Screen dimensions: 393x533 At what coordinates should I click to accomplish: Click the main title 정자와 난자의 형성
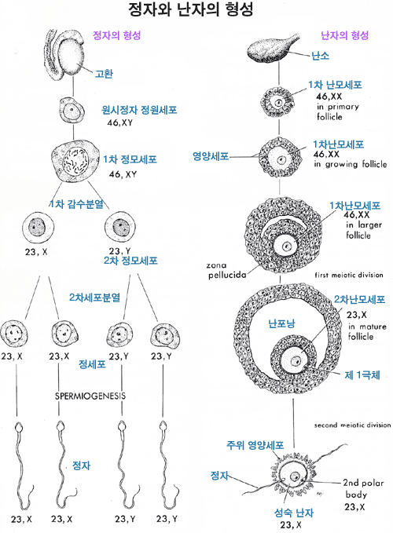pyautogui.click(x=191, y=10)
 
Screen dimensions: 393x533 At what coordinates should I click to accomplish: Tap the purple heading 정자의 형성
pyautogui.click(x=116, y=35)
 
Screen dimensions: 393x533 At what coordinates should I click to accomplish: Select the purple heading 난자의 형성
pyautogui.click(x=345, y=35)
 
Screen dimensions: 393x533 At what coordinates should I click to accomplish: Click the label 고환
pyautogui.click(x=104, y=74)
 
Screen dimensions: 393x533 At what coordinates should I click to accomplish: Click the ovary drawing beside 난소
pyautogui.click(x=272, y=49)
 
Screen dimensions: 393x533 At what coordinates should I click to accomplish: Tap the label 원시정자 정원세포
pyautogui.click(x=139, y=110)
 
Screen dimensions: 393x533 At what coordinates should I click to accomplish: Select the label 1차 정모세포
pyautogui.click(x=130, y=159)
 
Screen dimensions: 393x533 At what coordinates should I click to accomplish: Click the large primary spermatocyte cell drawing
pyautogui.click(x=75, y=162)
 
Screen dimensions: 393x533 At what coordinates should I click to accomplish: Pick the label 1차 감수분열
pyautogui.click(x=76, y=204)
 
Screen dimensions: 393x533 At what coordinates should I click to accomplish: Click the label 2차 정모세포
pyautogui.click(x=130, y=261)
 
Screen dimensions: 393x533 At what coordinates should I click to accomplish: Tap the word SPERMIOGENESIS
pyautogui.click(x=90, y=396)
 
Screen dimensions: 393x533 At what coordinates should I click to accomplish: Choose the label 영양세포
pyautogui.click(x=211, y=156)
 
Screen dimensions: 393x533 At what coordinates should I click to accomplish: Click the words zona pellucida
pyautogui.click(x=227, y=270)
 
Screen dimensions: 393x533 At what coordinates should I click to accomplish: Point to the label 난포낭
pyautogui.click(x=281, y=323)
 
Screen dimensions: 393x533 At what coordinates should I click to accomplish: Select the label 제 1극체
pyautogui.click(x=362, y=375)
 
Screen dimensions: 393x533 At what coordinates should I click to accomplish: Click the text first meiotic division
pyautogui.click(x=349, y=275)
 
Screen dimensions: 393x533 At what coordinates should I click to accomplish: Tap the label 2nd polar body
pyautogui.click(x=363, y=488)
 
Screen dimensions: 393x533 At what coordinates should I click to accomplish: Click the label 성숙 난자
pyautogui.click(x=294, y=513)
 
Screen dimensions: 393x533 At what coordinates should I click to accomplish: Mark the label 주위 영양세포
pyautogui.click(x=255, y=445)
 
